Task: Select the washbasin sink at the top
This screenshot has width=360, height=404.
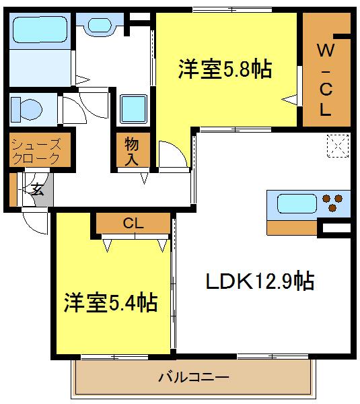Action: (101, 26)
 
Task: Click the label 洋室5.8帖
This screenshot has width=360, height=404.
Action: (225, 69)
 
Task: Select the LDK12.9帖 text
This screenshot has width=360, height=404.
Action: (260, 280)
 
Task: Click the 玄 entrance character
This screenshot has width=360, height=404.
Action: (38, 189)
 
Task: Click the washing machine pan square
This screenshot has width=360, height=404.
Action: (133, 108)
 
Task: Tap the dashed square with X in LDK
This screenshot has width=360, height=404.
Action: (336, 144)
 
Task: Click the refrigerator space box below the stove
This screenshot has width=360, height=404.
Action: (333, 229)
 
